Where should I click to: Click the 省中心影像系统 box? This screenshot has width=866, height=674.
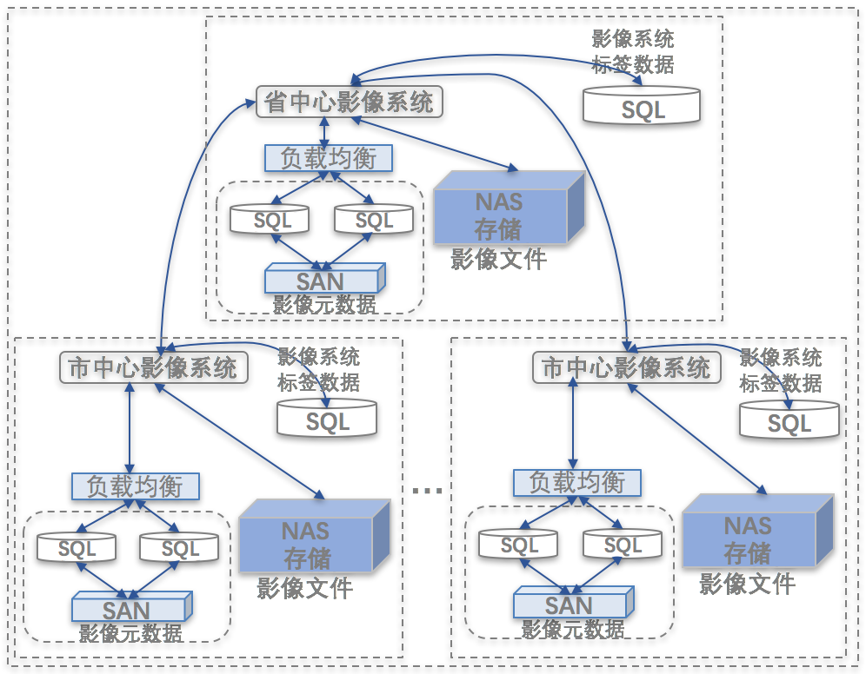point(350,102)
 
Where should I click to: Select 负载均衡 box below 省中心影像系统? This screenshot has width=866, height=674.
point(329,158)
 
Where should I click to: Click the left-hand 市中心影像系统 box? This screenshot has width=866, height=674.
point(153,367)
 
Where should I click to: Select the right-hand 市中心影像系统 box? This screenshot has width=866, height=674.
point(626,367)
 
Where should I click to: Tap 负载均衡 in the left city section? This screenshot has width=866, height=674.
point(135,486)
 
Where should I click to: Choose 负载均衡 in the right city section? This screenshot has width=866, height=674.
point(577,482)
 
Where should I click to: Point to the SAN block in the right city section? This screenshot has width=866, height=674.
point(572,603)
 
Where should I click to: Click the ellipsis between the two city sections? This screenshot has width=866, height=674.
point(427,492)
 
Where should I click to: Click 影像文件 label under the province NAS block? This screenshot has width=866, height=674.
point(498,259)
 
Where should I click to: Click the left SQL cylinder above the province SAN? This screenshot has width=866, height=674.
point(271,219)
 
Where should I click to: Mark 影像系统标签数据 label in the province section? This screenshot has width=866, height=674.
point(633,52)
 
